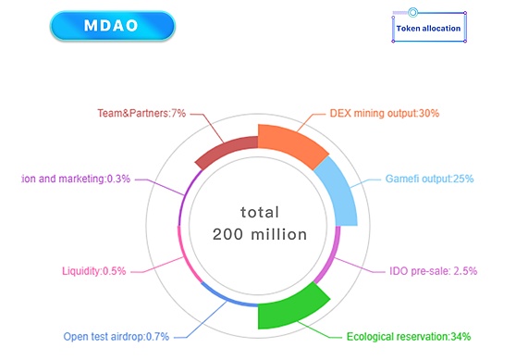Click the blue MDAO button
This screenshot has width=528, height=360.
point(112,26)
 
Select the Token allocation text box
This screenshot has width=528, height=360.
point(428,29)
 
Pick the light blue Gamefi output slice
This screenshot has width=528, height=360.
point(337,191)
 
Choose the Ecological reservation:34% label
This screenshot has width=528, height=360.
point(408,336)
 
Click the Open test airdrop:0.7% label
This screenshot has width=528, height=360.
point(117,336)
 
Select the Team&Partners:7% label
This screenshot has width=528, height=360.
point(141,113)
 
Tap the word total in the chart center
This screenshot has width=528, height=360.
point(259,211)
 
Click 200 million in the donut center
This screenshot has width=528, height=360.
point(259,234)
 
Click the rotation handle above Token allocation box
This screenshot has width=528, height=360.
point(413,12)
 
